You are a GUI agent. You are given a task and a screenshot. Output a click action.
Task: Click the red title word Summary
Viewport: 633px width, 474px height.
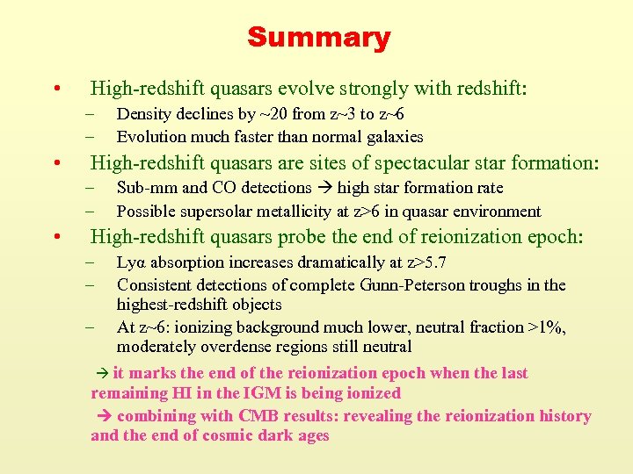coord(318,38)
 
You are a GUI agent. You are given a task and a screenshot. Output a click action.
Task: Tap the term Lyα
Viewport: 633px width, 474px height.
coord(131,263)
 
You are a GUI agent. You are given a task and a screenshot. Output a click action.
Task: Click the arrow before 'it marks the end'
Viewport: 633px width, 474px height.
coord(100,374)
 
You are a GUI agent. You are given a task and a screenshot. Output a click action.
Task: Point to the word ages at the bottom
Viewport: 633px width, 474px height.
coord(312,436)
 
